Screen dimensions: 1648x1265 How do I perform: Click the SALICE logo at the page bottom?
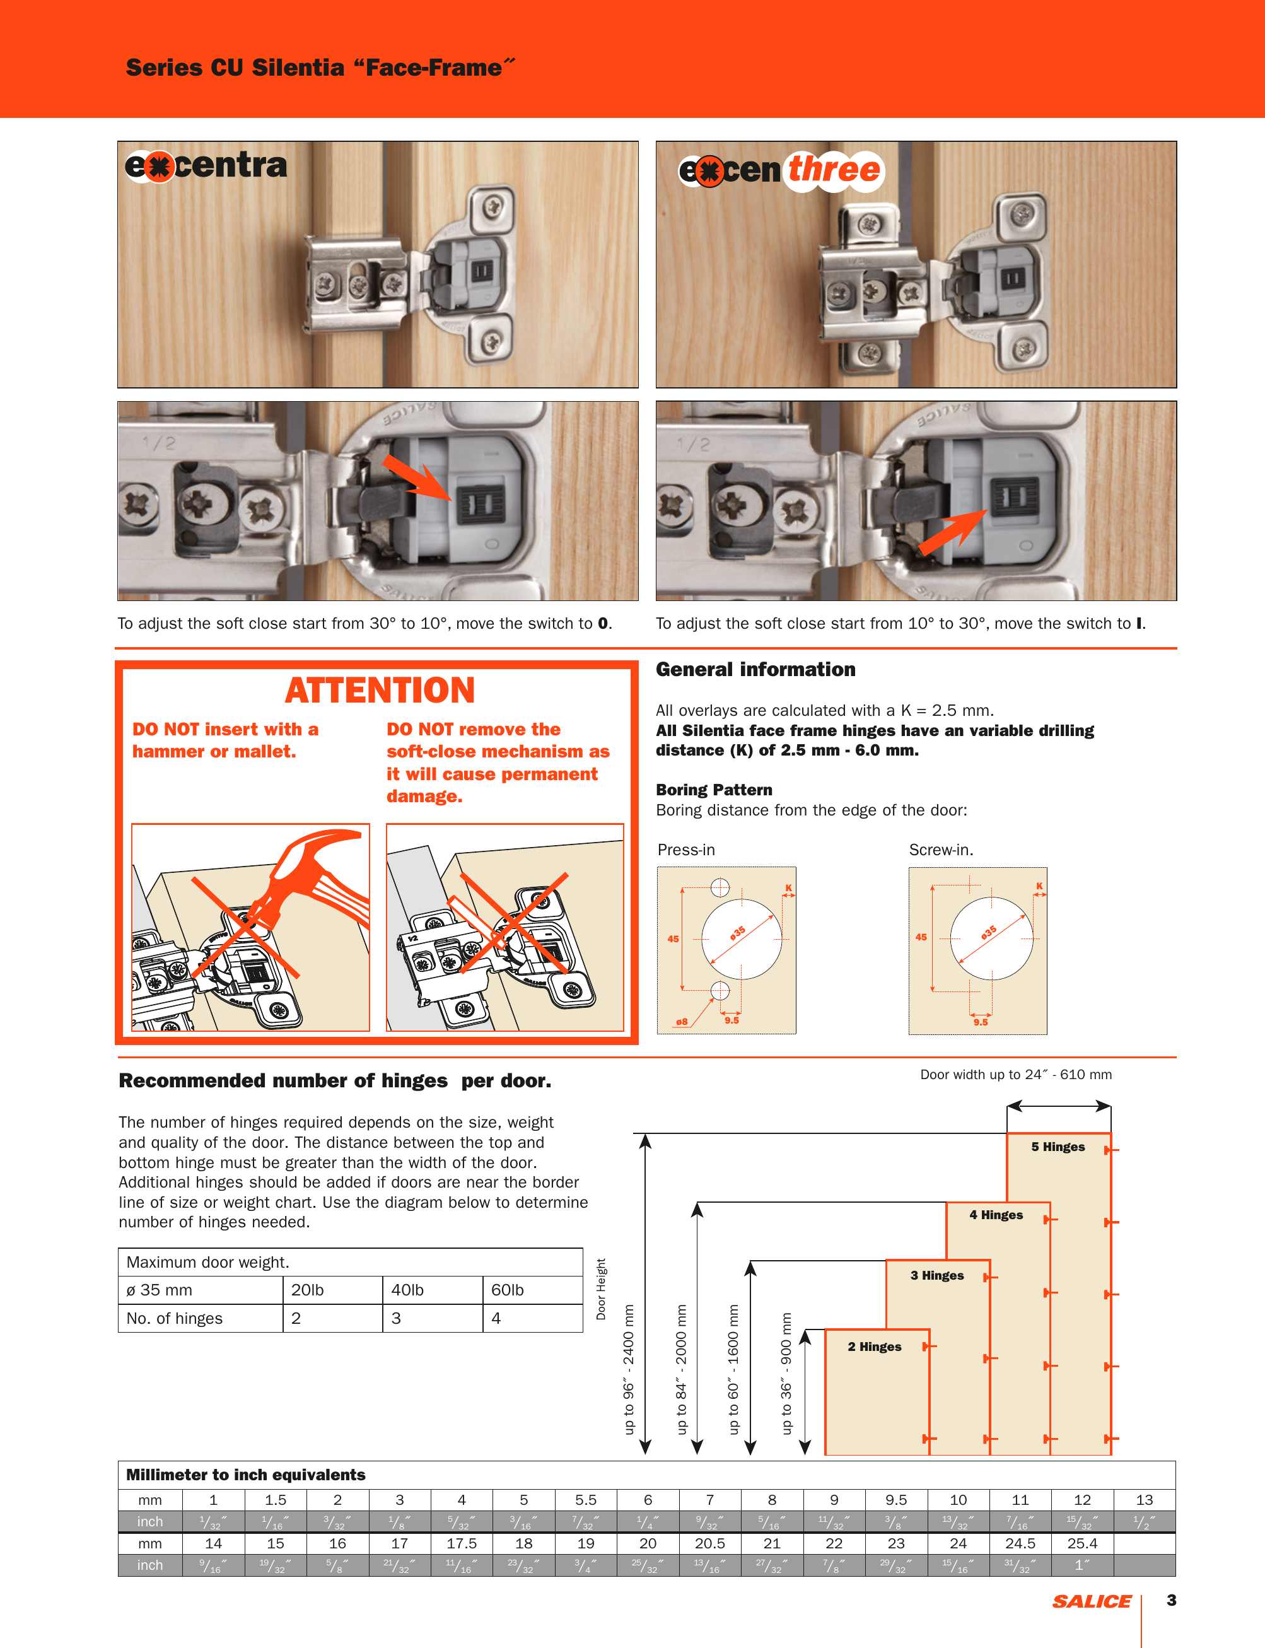tap(1091, 1601)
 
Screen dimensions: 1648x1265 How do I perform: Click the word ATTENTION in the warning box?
tap(380, 691)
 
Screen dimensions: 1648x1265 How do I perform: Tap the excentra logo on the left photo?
tap(206, 166)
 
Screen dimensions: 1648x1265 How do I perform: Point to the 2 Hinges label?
tap(874, 1346)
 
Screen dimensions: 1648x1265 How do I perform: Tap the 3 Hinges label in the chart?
tap(936, 1275)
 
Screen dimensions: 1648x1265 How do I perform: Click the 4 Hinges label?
tap(996, 1214)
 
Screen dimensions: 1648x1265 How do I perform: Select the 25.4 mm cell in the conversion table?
tap(1082, 1543)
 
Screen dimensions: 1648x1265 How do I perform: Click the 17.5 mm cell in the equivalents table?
tap(462, 1543)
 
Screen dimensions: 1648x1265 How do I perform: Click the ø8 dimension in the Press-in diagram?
tap(682, 1022)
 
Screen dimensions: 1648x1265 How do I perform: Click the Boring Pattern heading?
tap(714, 790)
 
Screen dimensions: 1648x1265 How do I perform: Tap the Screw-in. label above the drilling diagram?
tap(940, 850)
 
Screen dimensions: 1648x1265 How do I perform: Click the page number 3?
tap(1171, 1600)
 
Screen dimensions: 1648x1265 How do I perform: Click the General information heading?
tap(755, 669)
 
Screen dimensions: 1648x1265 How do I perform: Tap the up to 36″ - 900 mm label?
tap(786, 1373)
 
